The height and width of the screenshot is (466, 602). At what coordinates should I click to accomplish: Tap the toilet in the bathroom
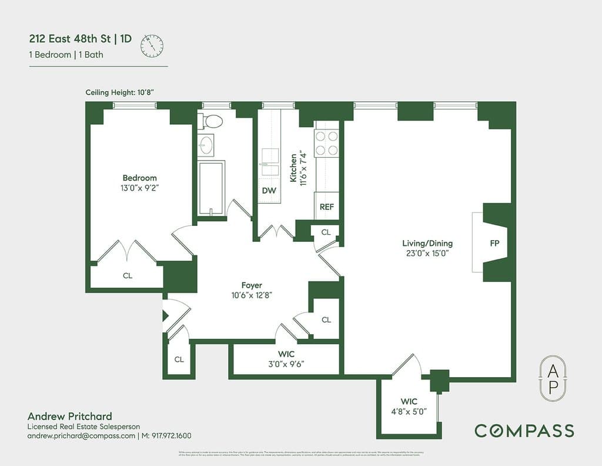click(x=212, y=121)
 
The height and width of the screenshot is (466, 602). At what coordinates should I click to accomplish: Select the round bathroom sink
click(x=206, y=145)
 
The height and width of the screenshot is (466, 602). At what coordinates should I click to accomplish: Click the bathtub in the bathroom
click(x=211, y=187)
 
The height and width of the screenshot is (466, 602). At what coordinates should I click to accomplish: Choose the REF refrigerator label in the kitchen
click(x=326, y=207)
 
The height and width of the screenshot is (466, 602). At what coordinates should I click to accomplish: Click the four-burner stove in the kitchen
click(x=327, y=143)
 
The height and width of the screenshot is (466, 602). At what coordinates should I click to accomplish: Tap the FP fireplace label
click(x=495, y=242)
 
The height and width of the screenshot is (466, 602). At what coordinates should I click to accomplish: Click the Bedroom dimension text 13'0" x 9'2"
click(x=139, y=188)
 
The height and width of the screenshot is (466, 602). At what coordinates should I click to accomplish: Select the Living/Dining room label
click(x=427, y=243)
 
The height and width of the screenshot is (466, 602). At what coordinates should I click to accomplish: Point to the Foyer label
click(x=252, y=285)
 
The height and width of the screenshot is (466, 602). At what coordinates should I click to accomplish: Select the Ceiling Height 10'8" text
click(x=120, y=92)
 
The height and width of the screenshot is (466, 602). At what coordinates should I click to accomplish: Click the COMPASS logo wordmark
click(x=524, y=430)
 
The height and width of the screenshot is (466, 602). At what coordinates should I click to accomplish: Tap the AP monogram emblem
click(x=553, y=378)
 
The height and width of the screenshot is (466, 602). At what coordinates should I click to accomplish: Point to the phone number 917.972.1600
click(x=172, y=436)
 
